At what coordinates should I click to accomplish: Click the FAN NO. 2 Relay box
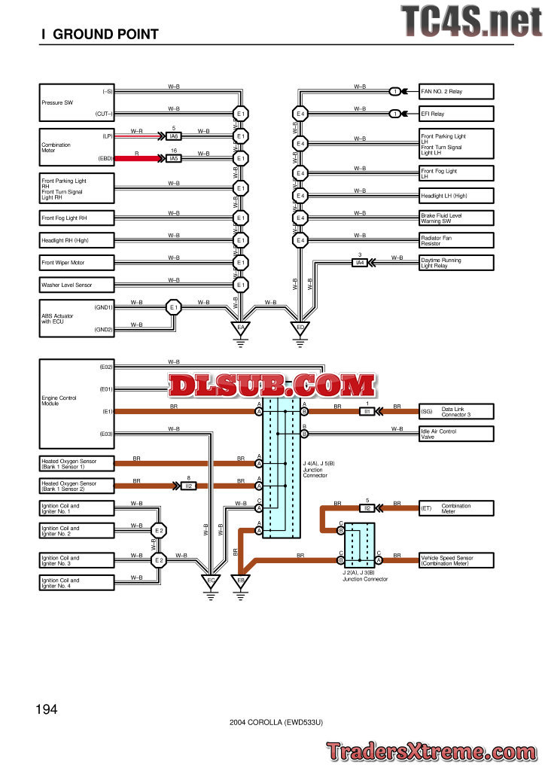(x=456, y=92)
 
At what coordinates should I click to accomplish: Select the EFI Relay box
(x=456, y=114)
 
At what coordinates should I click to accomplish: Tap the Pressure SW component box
(x=77, y=102)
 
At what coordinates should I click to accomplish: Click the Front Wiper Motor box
(x=77, y=263)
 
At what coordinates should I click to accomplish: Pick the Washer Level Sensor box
(x=77, y=285)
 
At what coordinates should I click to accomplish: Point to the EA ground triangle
(x=241, y=328)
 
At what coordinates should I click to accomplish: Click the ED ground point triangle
(x=300, y=328)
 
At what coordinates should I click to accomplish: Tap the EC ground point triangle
(x=212, y=580)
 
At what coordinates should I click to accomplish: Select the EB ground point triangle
(x=241, y=580)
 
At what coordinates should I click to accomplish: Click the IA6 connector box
(x=174, y=136)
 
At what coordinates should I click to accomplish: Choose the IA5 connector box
(x=174, y=159)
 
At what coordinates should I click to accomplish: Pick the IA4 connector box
(x=360, y=262)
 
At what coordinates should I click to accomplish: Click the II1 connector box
(x=367, y=412)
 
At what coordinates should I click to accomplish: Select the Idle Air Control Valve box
(x=456, y=434)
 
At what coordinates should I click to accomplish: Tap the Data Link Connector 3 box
(x=456, y=412)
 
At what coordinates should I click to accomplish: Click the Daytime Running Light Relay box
(x=456, y=263)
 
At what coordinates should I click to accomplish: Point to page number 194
(x=46, y=709)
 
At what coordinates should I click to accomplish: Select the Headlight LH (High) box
(x=456, y=196)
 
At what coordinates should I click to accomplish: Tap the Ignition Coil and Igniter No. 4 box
(x=77, y=582)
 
